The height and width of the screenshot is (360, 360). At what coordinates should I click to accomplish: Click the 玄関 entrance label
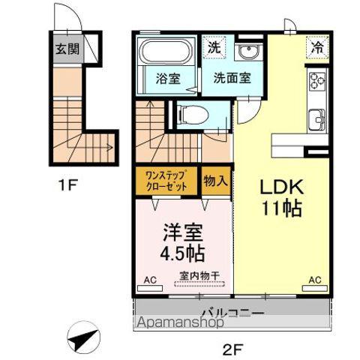[65, 50]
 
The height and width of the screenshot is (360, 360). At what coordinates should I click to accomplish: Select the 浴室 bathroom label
[167, 79]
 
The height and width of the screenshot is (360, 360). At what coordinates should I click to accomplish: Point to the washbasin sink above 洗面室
[246, 52]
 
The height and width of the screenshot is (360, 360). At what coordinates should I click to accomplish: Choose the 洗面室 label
[232, 77]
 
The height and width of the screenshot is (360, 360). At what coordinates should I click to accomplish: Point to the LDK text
[281, 187]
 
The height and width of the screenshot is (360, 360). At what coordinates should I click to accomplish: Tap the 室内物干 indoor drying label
[199, 275]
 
